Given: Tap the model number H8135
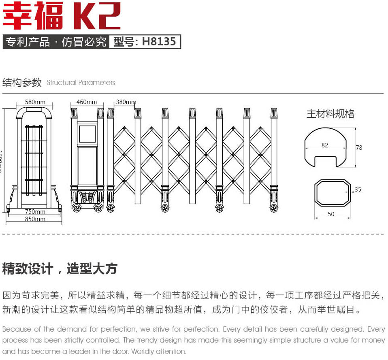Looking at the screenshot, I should (159, 42).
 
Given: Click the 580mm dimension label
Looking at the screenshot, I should (35, 102).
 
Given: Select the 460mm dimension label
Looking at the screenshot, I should (87, 102).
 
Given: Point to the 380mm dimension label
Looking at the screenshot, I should (126, 102).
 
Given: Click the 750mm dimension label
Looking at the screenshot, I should (35, 211).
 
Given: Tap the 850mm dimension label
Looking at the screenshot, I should (35, 219).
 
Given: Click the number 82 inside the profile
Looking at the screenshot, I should (325, 145).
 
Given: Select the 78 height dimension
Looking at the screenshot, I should (359, 148).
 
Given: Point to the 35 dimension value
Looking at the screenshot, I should (358, 189).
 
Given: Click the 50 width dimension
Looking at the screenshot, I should (331, 214).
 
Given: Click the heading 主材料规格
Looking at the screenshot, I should (330, 114).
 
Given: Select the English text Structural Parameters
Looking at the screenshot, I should (81, 83).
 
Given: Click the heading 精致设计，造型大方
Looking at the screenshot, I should (60, 268).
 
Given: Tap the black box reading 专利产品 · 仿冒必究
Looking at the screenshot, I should (56, 42).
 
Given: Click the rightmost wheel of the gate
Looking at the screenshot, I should (274, 209).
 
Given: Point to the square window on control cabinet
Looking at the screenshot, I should (87, 134).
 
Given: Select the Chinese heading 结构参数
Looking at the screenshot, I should (22, 83).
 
